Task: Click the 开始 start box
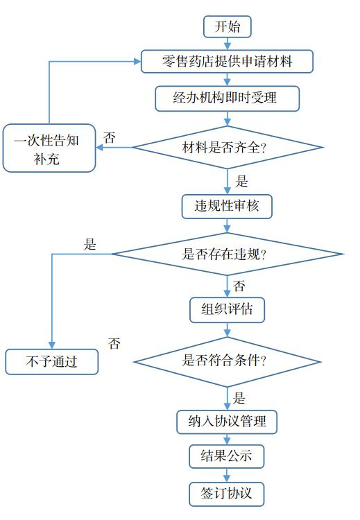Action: coord(227,26)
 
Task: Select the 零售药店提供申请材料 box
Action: coord(227,62)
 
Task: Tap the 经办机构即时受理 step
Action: coord(227,98)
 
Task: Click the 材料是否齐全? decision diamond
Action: coord(227,147)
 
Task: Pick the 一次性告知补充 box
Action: coord(49,148)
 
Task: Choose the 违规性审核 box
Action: coord(227,207)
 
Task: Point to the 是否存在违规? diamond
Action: coord(227,254)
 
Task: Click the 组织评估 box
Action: coord(227,310)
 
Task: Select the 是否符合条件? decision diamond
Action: coord(227,361)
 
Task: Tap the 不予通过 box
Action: coord(52,362)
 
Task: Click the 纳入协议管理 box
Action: coord(227,422)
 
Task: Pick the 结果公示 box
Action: coord(227,457)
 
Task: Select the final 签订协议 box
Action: coord(227,493)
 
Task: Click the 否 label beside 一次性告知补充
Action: coord(110,137)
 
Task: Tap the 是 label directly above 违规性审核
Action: coord(241,182)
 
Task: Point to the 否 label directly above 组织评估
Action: coord(239,286)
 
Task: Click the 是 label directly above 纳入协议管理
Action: coord(239,398)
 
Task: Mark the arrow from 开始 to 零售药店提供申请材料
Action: coord(227,44)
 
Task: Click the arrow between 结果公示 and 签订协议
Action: coord(227,475)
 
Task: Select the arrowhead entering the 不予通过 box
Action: coord(52,345)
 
